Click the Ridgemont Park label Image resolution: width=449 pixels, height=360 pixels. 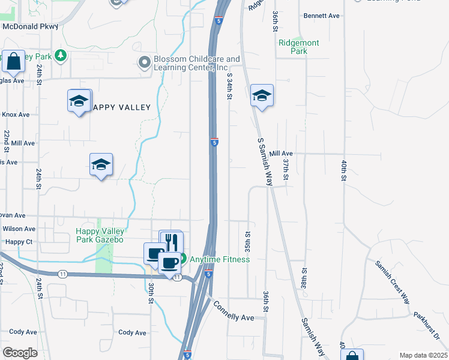[299, 47]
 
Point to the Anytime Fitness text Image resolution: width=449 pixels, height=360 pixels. [220, 259]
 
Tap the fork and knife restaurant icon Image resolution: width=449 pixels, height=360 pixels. [172, 241]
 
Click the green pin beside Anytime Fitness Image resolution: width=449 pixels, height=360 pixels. [182, 259]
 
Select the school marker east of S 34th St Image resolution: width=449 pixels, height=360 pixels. [262, 95]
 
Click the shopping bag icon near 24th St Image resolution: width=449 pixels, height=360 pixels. [13, 61]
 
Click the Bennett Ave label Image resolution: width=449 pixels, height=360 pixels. [322, 16]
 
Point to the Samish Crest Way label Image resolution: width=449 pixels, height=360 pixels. [393, 283]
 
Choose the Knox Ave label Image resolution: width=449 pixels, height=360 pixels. [16, 114]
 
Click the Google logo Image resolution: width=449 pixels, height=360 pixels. [20, 352]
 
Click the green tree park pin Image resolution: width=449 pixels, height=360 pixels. [60, 56]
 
